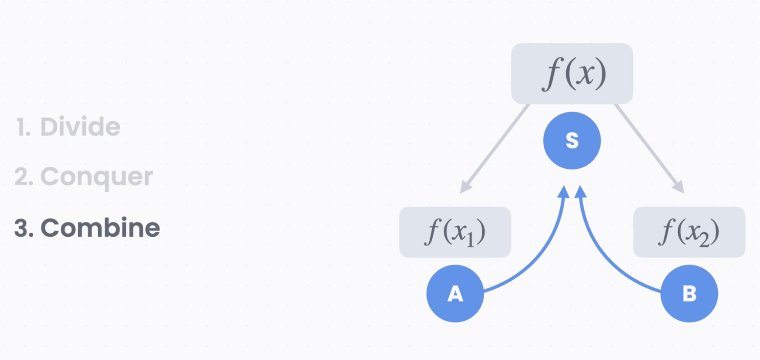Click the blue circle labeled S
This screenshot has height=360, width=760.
point(572,141)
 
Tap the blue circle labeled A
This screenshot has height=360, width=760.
point(455,294)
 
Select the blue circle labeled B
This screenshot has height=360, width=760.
point(689,294)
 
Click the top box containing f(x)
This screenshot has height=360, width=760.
point(572,74)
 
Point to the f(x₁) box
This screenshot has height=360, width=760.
point(455,232)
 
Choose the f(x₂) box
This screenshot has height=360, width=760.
point(689,232)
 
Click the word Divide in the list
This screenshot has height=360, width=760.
point(80,127)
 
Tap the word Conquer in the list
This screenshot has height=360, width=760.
point(97,176)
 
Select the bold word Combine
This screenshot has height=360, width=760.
point(100,228)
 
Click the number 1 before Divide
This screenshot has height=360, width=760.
point(21,127)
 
